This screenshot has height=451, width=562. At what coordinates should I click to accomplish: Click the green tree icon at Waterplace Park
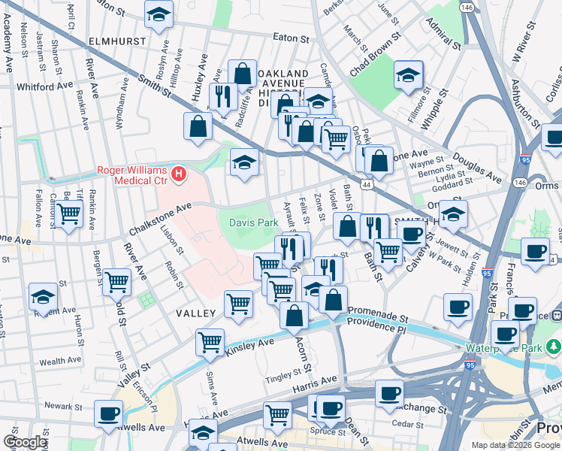point(554,347)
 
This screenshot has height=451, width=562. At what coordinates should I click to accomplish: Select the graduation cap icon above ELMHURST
point(159,14)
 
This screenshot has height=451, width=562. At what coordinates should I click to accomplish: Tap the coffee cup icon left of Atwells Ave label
point(109,413)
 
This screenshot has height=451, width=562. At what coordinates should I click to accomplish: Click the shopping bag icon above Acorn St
point(294,315)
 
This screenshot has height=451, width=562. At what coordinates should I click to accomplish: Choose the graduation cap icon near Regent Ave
point(43,297)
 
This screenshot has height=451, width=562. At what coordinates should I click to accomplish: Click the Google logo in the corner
point(26,442)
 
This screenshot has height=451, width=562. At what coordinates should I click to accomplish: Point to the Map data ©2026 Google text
point(515,445)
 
